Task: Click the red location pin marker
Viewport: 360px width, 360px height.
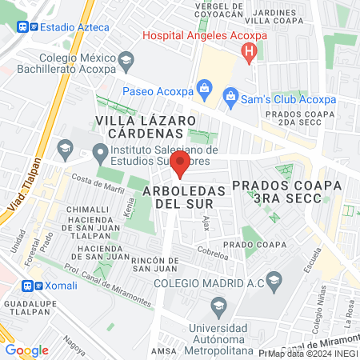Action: click(181, 166)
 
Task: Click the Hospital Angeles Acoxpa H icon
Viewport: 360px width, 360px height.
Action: click(249, 53)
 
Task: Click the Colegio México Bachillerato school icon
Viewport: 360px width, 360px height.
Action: click(125, 60)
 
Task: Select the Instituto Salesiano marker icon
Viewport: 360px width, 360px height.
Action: click(100, 150)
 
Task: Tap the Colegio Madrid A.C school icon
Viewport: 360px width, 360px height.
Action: click(274, 280)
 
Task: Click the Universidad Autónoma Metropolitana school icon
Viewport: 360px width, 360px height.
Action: click(218, 305)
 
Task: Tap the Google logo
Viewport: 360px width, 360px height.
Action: click(26, 350)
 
